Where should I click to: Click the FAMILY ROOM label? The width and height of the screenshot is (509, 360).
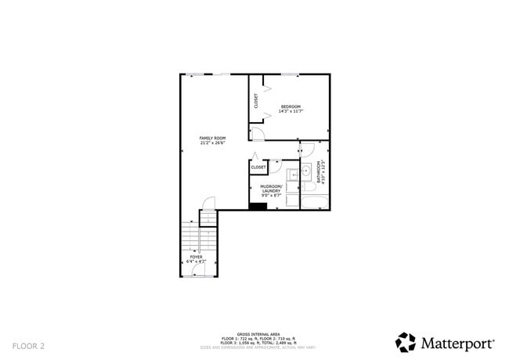point(212,138)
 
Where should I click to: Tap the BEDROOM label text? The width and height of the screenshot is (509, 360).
point(291,106)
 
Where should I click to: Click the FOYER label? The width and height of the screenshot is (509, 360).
point(197,257)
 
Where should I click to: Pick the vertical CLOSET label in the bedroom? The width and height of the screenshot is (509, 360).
point(256,102)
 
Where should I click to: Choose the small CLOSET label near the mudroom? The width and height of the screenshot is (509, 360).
point(258,167)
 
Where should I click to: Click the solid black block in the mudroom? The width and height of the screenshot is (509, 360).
point(257,206)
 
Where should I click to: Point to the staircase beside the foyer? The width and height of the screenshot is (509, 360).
point(191,235)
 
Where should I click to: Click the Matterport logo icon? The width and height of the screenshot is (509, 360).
point(405,342)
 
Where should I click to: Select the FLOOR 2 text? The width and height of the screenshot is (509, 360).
point(29,344)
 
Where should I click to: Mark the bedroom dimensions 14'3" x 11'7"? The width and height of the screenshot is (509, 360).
point(291,112)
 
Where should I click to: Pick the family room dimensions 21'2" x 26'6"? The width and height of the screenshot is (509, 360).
point(212,143)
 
